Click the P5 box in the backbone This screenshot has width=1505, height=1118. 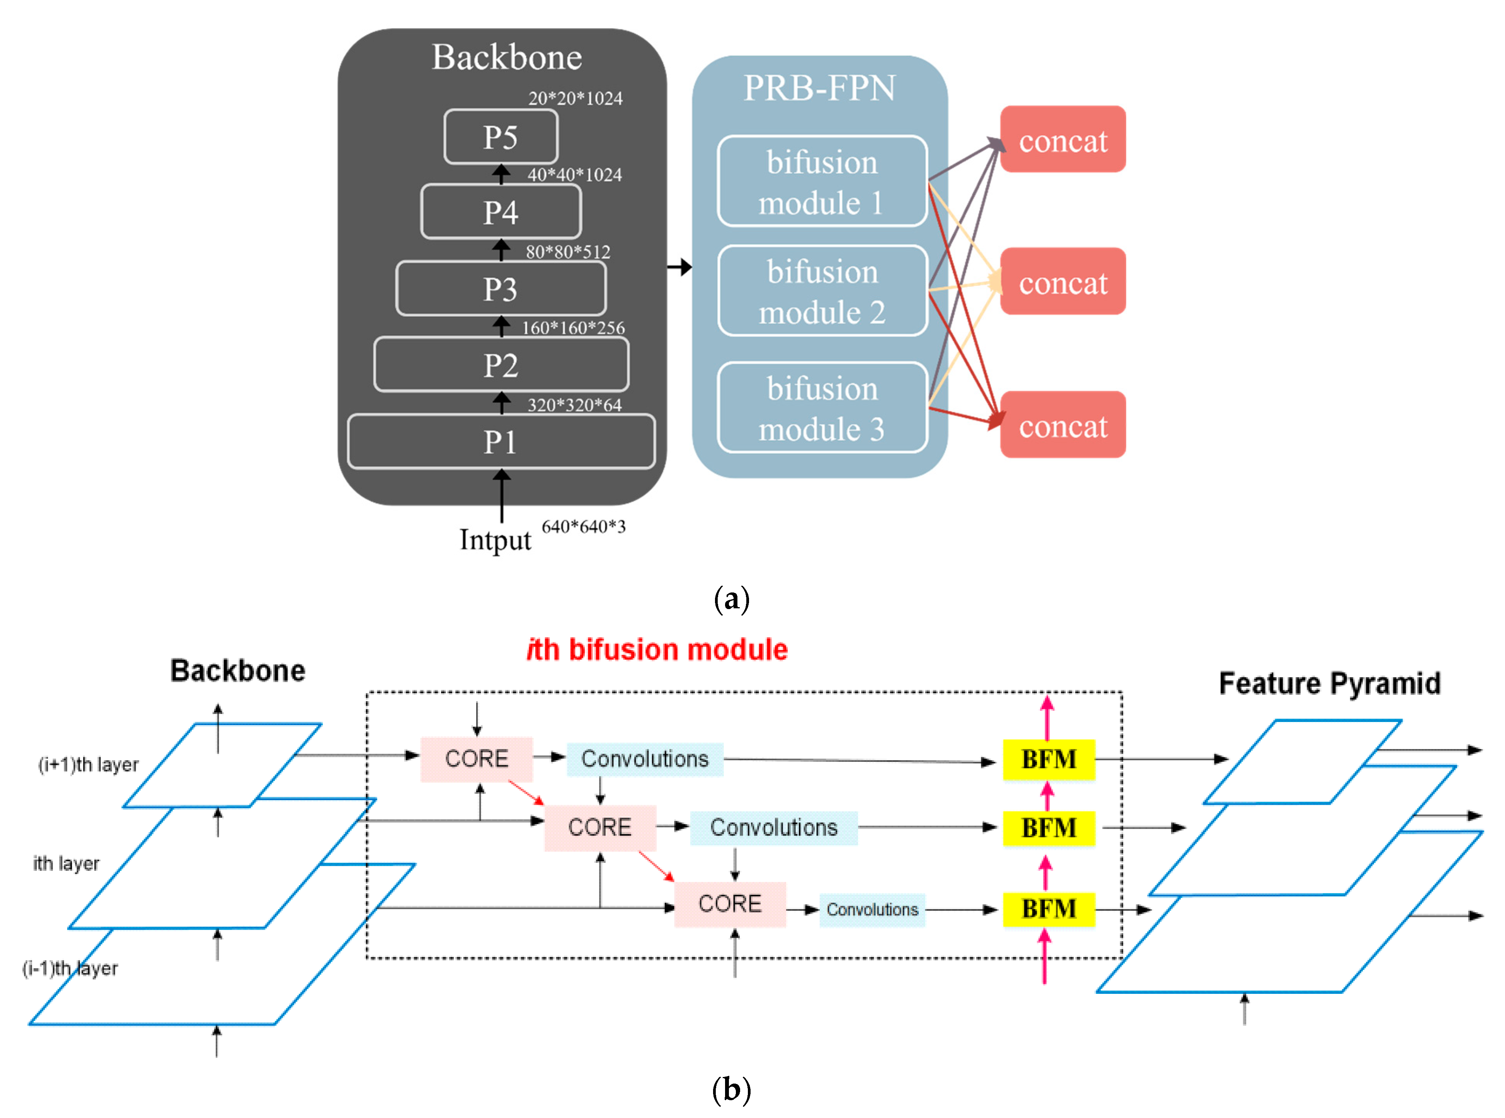[x=501, y=137]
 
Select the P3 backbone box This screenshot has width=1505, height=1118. [x=501, y=289]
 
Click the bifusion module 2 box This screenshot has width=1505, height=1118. [x=822, y=291]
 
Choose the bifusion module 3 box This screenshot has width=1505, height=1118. [x=822, y=408]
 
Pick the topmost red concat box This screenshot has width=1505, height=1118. [x=1062, y=139]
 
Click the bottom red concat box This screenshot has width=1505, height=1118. [x=1062, y=425]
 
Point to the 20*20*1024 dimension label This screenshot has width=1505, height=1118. [x=575, y=99]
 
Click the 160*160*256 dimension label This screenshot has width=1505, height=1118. [x=573, y=328]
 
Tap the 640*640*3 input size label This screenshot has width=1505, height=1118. [x=583, y=527]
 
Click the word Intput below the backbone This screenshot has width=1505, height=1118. [x=495, y=540]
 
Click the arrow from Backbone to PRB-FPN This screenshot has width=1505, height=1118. [x=679, y=267]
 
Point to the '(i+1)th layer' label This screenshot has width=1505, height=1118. [x=88, y=765]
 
